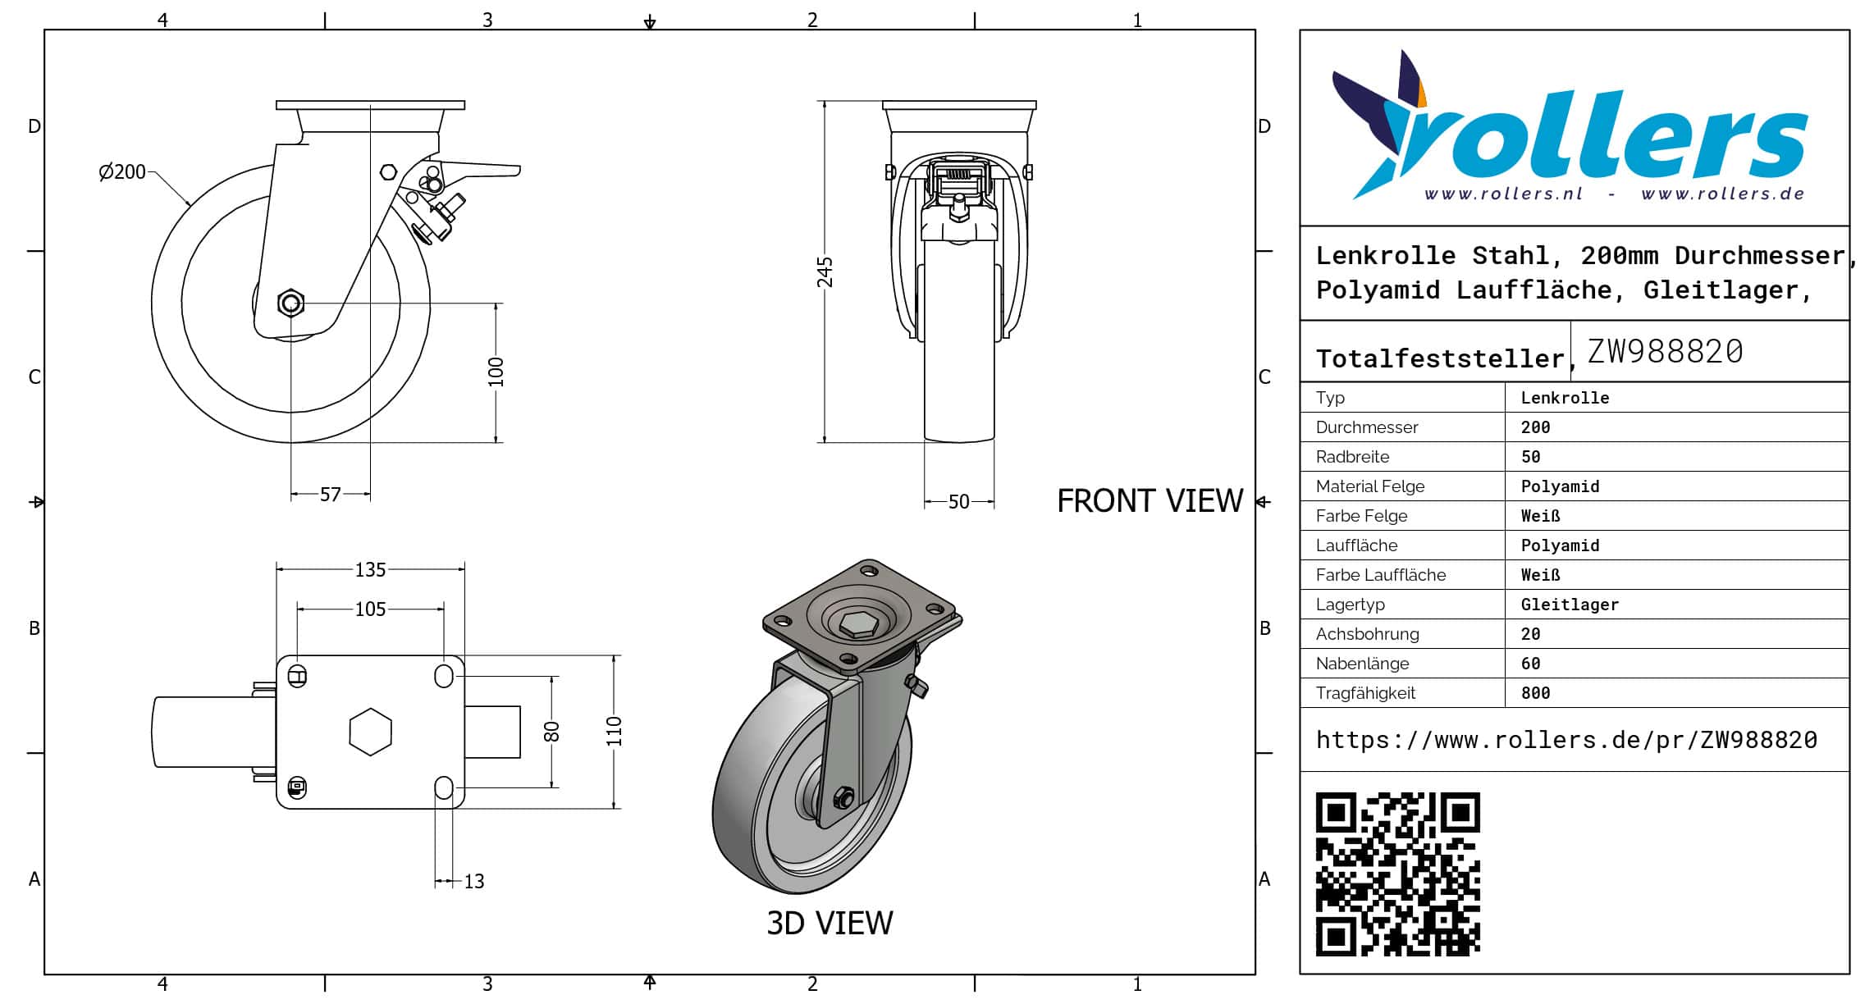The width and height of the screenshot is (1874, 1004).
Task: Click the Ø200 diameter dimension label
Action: click(122, 172)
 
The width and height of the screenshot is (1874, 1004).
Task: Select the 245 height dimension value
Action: click(825, 272)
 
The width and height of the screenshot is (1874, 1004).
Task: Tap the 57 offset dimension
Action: click(330, 495)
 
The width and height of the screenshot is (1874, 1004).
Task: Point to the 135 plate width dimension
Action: click(370, 570)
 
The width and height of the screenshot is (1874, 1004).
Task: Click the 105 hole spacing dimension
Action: click(370, 609)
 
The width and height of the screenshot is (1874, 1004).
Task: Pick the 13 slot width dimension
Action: click(474, 882)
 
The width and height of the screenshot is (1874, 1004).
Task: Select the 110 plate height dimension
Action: click(615, 731)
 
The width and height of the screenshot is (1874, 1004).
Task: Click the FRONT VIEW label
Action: click(1150, 501)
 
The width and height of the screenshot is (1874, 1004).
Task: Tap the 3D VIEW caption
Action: click(830, 924)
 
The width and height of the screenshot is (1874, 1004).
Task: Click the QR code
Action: click(1397, 874)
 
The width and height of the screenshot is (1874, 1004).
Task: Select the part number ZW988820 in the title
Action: click(1665, 352)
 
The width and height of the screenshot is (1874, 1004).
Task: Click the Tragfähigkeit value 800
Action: click(1535, 693)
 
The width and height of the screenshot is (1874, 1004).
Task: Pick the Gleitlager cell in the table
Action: click(1570, 605)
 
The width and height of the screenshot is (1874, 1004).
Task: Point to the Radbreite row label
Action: click(1352, 457)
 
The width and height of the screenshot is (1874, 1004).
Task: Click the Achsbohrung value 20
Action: click(1530, 634)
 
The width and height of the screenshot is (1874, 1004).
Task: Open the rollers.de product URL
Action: click(1566, 740)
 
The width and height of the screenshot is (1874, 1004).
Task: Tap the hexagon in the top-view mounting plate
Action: click(370, 732)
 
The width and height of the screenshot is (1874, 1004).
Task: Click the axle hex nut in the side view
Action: click(290, 303)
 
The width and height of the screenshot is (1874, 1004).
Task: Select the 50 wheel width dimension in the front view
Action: click(958, 502)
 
